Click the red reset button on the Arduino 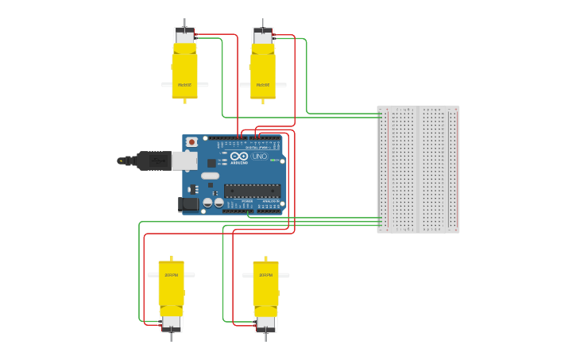[x=191, y=142]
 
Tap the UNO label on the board [x=259, y=156]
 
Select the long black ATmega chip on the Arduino [x=252, y=191]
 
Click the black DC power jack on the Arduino [x=187, y=204]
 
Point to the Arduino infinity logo [x=238, y=156]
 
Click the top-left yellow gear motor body [x=184, y=72]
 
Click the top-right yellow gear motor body [x=263, y=72]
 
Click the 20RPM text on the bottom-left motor [x=170, y=275]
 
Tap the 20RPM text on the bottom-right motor [x=265, y=275]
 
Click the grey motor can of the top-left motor [x=184, y=37]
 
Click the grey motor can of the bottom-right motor [x=266, y=323]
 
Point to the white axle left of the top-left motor [x=166, y=84]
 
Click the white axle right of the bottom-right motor [x=284, y=275]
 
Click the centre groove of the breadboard [x=418, y=169]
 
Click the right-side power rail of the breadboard [x=452, y=169]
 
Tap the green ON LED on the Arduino [x=273, y=160]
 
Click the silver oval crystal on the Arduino [x=210, y=176]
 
